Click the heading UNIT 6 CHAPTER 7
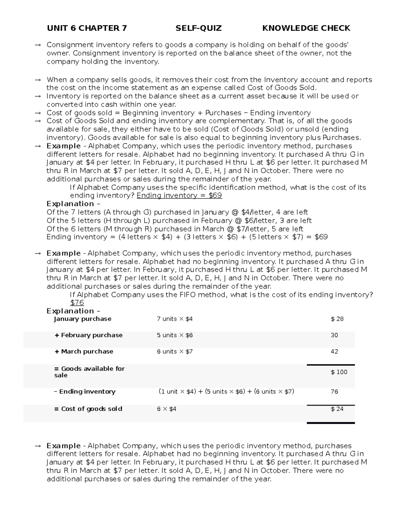[87, 28]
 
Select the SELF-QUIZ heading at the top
[198, 28]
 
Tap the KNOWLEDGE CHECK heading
[306, 28]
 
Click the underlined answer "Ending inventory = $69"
[179, 196]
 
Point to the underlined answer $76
[77, 303]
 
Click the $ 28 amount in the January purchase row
[337, 319]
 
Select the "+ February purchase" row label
[88, 335]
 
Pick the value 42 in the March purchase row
[334, 351]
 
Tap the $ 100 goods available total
[339, 372]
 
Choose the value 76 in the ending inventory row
[334, 391]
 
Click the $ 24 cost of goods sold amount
[337, 409]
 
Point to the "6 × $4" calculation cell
[166, 409]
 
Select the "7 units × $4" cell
[174, 319]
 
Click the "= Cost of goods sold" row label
[88, 409]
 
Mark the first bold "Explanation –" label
[73, 204]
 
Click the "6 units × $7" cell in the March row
[174, 351]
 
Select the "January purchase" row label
[82, 319]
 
